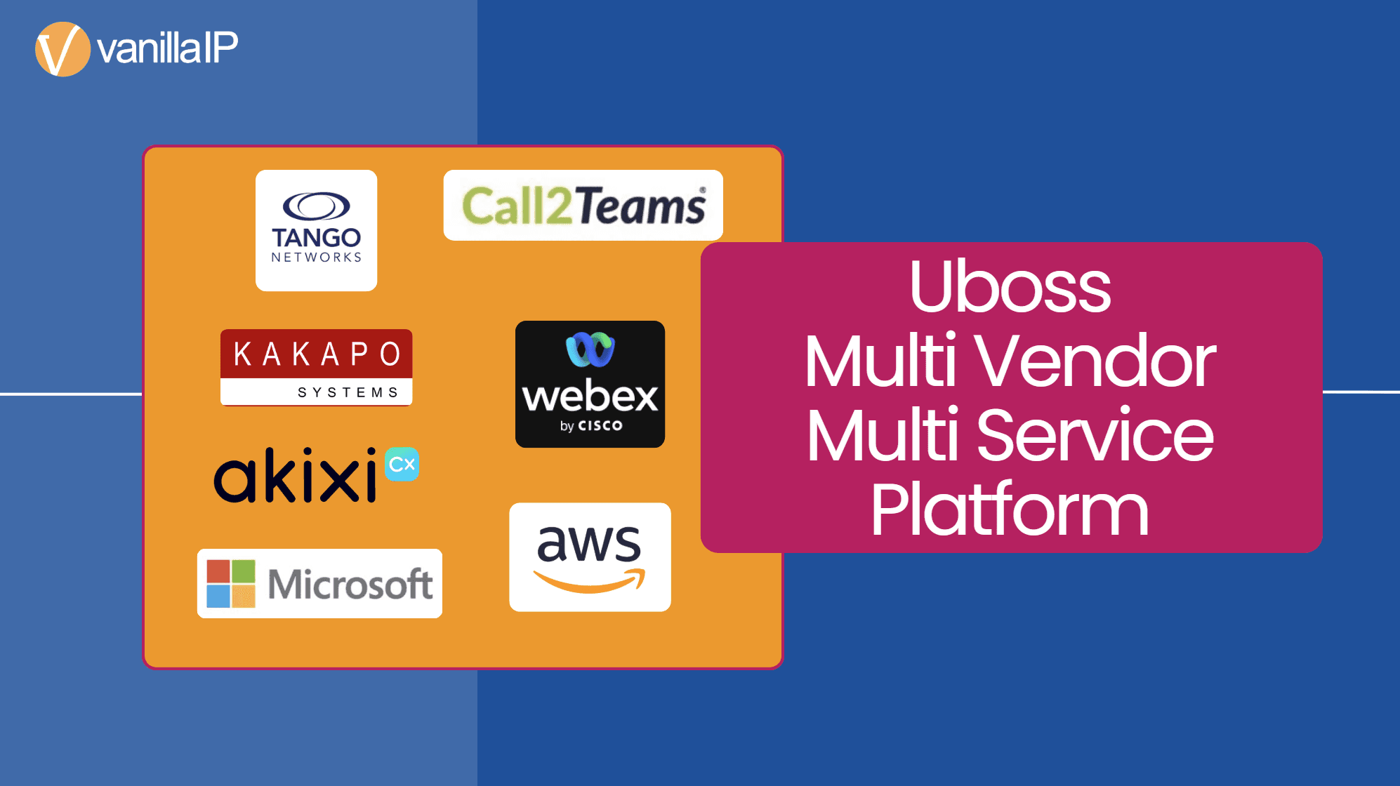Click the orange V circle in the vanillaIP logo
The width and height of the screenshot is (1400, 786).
click(x=62, y=49)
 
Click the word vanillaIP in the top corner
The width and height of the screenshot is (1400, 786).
click(x=168, y=48)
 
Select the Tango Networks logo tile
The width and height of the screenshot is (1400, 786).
click(x=316, y=230)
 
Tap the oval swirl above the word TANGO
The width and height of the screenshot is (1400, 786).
click(x=316, y=206)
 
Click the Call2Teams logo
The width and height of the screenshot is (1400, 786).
click(x=583, y=206)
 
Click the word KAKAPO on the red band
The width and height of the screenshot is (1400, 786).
click(x=317, y=354)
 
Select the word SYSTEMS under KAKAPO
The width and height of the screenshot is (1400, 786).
click(x=348, y=392)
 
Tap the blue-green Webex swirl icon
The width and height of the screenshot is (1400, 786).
click(x=590, y=349)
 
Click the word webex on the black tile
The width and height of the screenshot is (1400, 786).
click(x=590, y=397)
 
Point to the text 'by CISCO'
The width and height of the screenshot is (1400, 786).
click(x=590, y=426)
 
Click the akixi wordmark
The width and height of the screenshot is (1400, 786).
click(x=295, y=477)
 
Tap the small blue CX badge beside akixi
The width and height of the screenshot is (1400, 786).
click(x=402, y=465)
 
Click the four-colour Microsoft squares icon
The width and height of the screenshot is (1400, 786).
click(x=231, y=583)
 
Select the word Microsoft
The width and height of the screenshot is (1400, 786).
click(x=350, y=584)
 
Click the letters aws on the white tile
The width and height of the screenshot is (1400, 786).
click(x=589, y=543)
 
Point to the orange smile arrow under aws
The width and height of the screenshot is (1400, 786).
click(x=590, y=582)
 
